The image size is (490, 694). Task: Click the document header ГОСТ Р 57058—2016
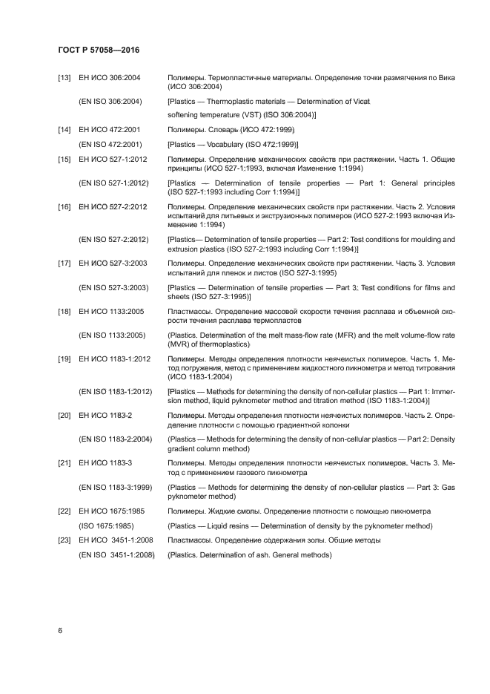click(99, 50)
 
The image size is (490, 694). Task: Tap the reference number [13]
click(64, 78)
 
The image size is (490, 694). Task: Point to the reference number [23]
click(64, 540)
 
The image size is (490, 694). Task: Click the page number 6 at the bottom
click(60, 630)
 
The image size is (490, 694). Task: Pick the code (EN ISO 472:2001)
click(110, 144)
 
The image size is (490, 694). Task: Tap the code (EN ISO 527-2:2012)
click(114, 240)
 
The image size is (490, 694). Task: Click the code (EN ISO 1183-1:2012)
click(116, 391)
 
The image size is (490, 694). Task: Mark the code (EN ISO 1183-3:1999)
click(116, 487)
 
